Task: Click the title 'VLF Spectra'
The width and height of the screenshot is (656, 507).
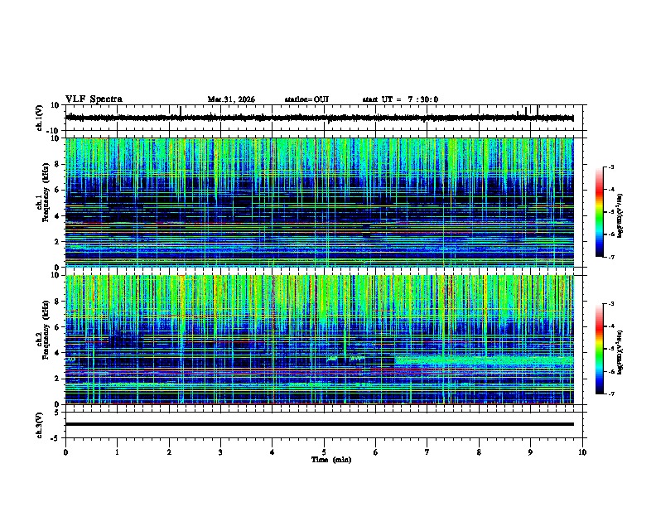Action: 94,99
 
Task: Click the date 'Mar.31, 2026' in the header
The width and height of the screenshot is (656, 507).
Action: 231,99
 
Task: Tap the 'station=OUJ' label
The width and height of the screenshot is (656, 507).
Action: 306,99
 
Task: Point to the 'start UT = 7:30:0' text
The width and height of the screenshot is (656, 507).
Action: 400,99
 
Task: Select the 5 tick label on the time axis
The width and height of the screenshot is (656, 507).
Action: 324,451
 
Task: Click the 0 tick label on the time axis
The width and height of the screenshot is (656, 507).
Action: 65,451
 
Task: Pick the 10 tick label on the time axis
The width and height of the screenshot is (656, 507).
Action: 582,451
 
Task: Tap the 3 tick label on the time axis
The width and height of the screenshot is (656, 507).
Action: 220,451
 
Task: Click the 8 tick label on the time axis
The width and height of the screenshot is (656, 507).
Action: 479,451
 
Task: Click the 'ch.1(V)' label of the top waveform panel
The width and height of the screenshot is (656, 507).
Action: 39,118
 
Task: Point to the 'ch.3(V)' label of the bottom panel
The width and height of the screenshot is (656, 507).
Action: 39,423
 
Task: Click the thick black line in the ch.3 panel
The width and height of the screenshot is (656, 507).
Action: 319,424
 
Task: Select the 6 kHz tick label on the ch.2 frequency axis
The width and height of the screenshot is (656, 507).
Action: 57,327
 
